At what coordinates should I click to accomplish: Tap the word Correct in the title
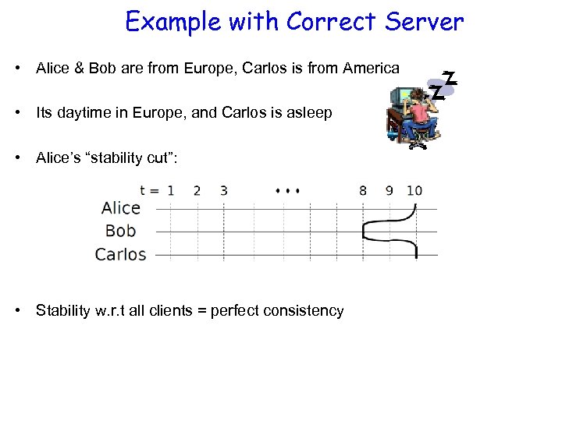coord(331,22)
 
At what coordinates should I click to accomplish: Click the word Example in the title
coord(174,22)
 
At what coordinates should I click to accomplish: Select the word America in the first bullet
coord(368,68)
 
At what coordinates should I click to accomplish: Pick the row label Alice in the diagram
coord(121,208)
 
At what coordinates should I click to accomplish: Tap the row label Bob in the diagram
coord(120,231)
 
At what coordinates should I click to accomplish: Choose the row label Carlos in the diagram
coord(120,254)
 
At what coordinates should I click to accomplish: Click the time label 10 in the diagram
coord(414,190)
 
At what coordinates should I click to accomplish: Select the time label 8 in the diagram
coord(363,190)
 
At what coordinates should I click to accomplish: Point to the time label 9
coord(389,190)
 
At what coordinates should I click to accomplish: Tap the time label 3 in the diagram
coord(224,190)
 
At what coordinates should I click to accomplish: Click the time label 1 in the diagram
coord(171,190)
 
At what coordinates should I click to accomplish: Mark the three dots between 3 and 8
coord(288,189)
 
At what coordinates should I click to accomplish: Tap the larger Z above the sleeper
coord(449,77)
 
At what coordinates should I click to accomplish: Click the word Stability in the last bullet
coord(65,310)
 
